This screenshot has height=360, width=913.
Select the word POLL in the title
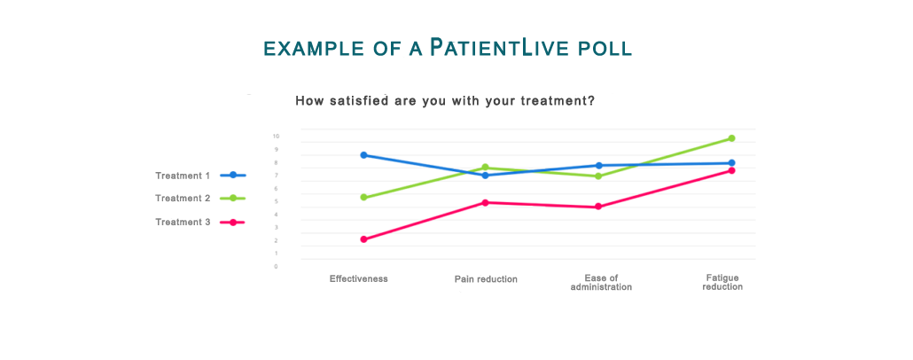(605, 50)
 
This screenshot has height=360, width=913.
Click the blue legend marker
(233, 176)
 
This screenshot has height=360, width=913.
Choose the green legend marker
(233, 198)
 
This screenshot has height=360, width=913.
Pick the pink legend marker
(233, 222)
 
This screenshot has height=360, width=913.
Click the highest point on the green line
(731, 137)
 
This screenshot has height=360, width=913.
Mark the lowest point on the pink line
(364, 239)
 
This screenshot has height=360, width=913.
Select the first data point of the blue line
(364, 155)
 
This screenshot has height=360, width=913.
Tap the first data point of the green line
(364, 198)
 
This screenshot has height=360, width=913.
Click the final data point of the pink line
(731, 170)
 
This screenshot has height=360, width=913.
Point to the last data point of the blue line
(731, 162)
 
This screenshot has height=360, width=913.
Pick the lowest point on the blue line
(485, 176)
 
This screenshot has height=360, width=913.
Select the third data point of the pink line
(599, 206)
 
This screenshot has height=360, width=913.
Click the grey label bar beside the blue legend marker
(182, 176)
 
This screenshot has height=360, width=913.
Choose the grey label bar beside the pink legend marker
(182, 222)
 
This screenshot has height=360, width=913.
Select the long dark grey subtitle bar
(461, 101)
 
